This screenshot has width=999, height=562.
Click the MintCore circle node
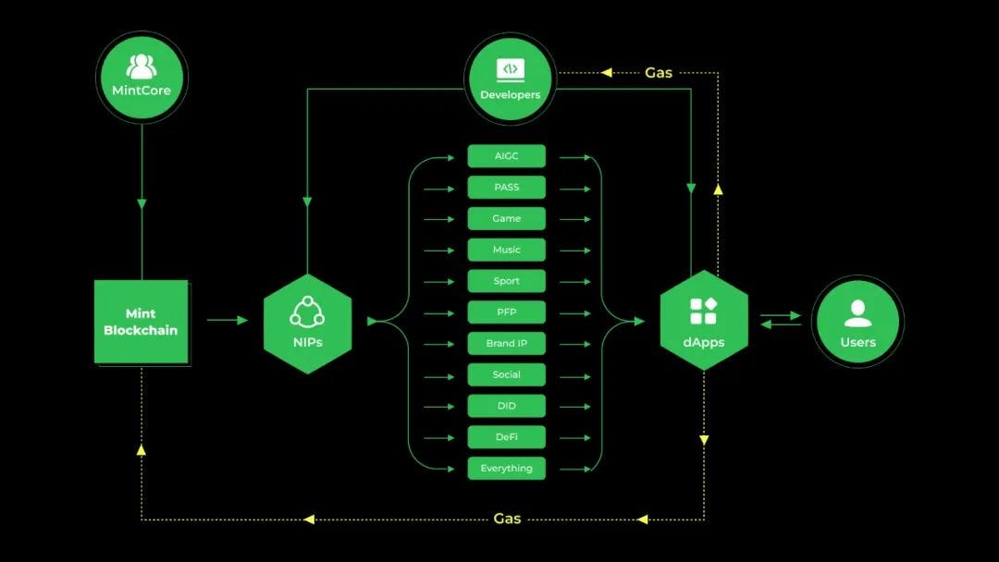point(142,77)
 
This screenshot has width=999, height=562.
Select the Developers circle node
point(510,79)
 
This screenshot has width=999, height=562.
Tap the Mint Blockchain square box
point(142,322)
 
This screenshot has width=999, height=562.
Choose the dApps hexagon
point(703,321)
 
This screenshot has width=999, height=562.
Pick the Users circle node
point(857,322)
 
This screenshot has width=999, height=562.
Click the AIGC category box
point(506,156)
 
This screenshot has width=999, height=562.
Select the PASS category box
point(506,188)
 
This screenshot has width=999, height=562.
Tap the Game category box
point(506,219)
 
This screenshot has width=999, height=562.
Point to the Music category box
point(506,250)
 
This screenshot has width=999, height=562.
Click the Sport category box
point(506,281)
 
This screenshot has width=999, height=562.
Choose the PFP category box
point(506,312)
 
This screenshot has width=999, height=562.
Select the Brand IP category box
point(506,344)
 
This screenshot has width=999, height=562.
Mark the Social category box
point(506,374)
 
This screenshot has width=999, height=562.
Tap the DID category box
point(506,406)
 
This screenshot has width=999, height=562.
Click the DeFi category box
point(506,437)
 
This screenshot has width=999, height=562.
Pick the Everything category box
point(506,469)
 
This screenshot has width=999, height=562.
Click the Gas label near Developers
point(659,72)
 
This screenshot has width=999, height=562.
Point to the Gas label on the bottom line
point(507,519)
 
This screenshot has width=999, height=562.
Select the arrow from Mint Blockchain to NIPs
point(228,321)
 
